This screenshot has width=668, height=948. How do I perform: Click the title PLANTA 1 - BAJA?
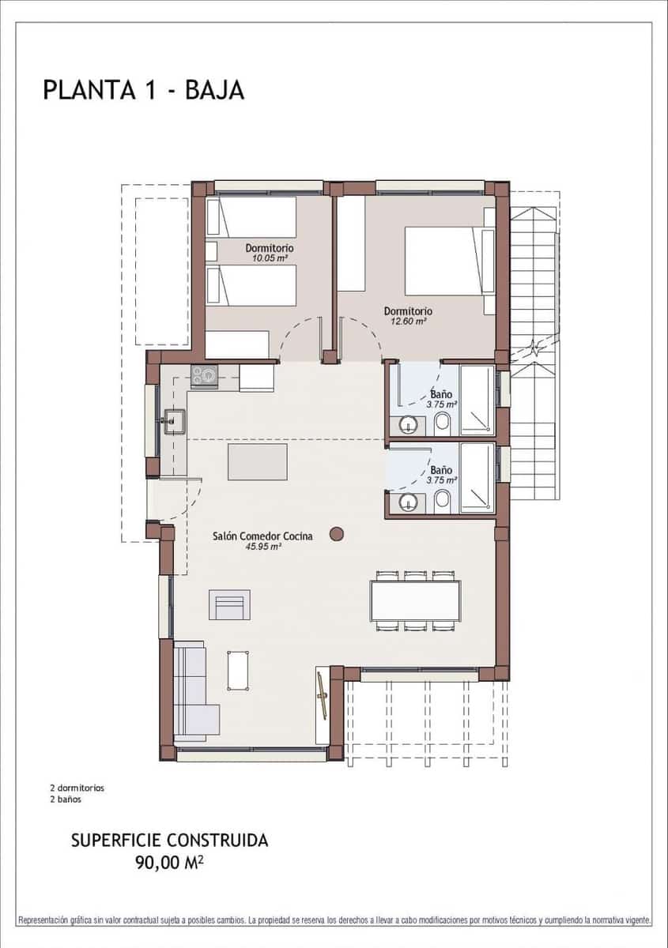click(143, 90)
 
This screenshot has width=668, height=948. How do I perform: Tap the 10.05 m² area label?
click(269, 258)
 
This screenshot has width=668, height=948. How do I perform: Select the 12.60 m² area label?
click(408, 322)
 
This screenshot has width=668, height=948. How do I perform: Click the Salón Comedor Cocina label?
click(262, 536)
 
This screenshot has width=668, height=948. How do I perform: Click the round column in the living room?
click(337, 534)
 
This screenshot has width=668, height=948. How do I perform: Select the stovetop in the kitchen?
click(204, 376)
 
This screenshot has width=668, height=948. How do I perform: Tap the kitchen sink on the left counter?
click(172, 421)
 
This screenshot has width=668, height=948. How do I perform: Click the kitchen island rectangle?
click(258, 462)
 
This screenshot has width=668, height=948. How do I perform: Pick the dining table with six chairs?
click(415, 601)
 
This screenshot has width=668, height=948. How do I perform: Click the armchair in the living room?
click(229, 604)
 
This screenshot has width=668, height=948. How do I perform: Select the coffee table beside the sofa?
click(238, 670)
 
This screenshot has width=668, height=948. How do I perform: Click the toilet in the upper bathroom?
click(443, 423)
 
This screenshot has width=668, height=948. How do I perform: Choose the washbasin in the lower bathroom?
click(409, 502)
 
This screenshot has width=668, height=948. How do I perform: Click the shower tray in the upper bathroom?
click(477, 400)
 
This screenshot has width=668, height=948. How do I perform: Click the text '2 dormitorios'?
click(77, 788)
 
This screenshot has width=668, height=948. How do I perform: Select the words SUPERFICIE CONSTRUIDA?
click(169, 841)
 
